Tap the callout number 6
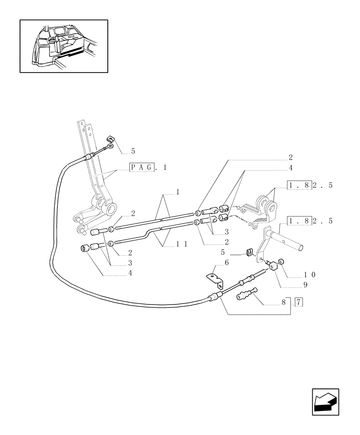[226, 263]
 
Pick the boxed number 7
[299, 302]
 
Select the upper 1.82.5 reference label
[310, 186]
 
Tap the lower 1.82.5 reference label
[310, 221]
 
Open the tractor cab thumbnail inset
[64, 46]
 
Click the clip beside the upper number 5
[110, 139]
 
